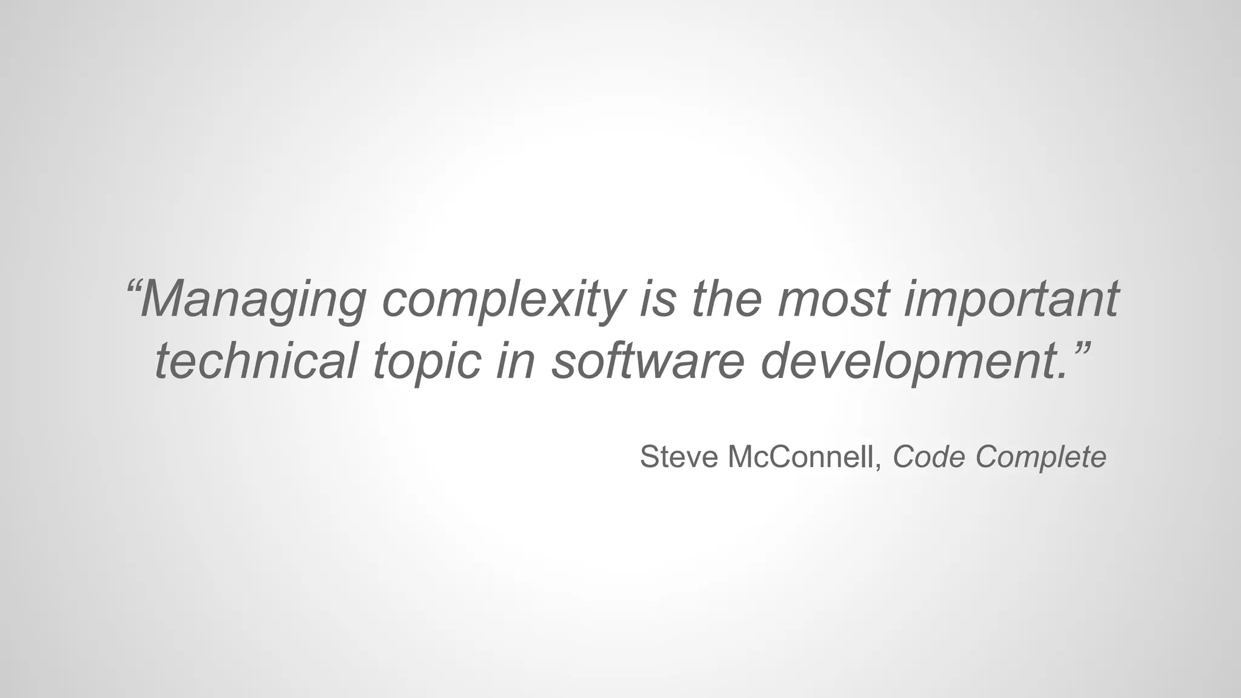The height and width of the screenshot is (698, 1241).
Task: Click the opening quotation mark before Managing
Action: pyautogui.click(x=133, y=285)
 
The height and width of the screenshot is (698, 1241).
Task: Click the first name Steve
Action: pyautogui.click(x=679, y=457)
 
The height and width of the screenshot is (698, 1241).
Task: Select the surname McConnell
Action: pyautogui.click(x=800, y=457)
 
